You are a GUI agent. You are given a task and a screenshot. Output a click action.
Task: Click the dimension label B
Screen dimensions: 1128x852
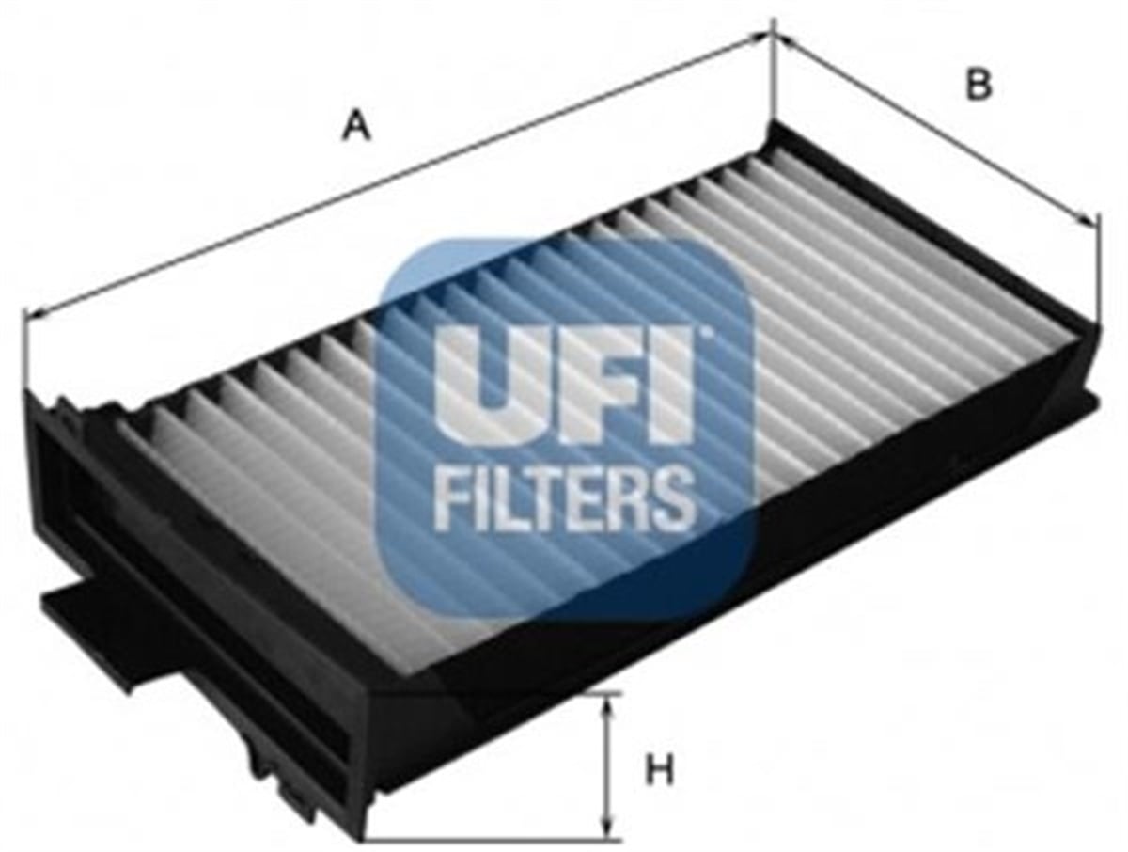(978, 84)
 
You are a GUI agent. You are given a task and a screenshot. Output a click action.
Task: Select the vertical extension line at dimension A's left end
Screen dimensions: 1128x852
(24, 350)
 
